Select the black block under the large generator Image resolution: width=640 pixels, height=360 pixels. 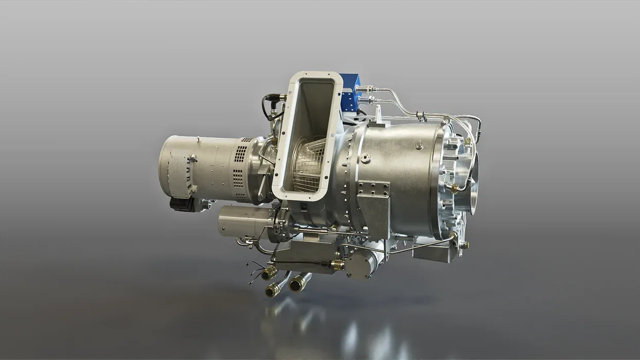(182, 204)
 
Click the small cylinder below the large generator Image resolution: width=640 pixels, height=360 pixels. (240, 221)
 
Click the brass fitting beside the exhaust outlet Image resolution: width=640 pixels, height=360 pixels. (454, 188)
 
